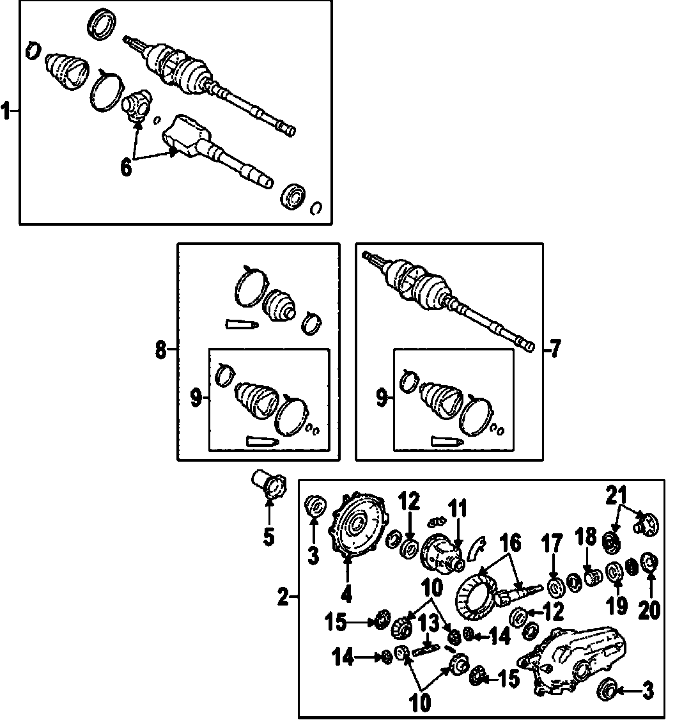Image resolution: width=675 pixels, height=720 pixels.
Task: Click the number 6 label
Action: (x=126, y=168)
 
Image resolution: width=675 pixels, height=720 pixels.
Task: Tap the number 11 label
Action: (x=458, y=510)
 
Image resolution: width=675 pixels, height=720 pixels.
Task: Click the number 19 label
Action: (x=617, y=605)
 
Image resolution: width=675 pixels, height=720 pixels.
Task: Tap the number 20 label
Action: (x=650, y=610)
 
